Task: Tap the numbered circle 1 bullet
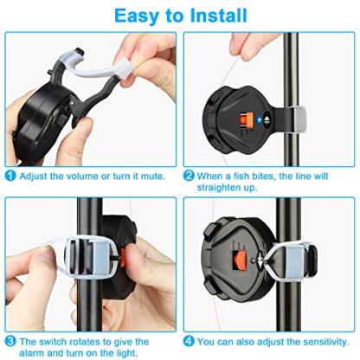point(10,176)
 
